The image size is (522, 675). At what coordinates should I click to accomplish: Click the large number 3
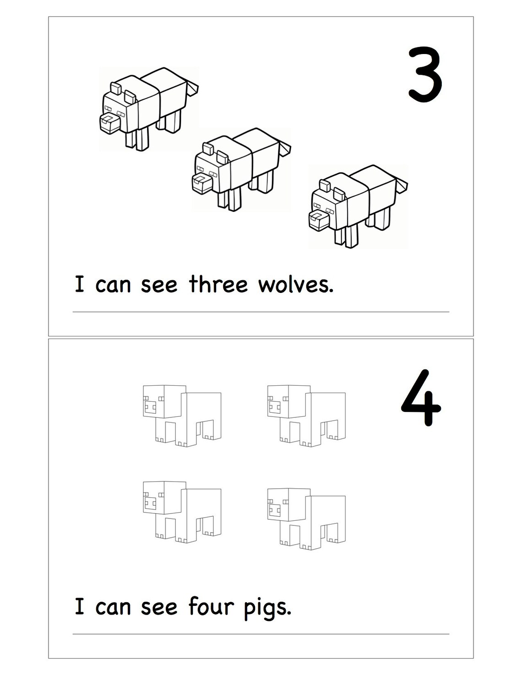coord(425,75)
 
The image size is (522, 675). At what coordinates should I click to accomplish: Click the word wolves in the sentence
coord(295,285)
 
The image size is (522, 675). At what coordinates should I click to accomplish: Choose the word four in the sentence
coord(211,607)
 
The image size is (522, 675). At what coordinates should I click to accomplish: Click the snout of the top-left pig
coord(150,407)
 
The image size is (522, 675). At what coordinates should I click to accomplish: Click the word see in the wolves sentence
coord(159,285)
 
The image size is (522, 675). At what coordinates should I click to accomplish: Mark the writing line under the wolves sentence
coord(261,312)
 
